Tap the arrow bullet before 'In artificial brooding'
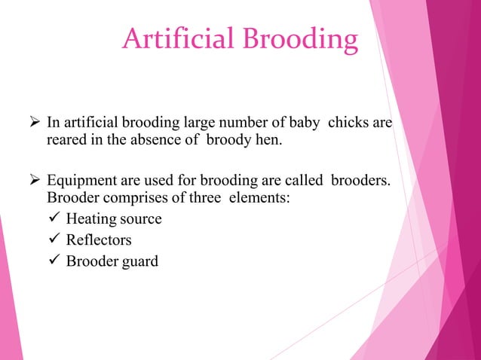tap(35, 122)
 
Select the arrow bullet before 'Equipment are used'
tap(35, 181)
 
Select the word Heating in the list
tap(89, 220)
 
